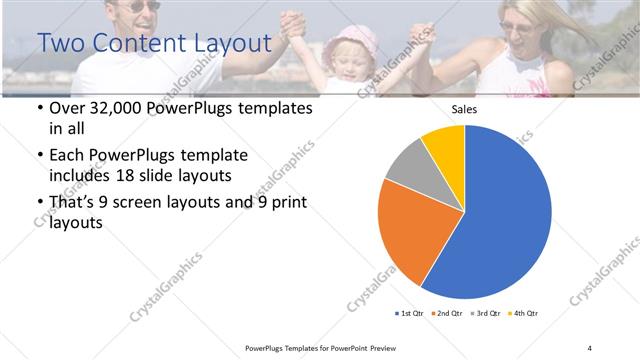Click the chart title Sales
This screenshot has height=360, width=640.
(464, 109)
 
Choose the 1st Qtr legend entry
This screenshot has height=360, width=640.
(411, 314)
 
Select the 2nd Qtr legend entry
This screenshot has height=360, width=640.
(446, 314)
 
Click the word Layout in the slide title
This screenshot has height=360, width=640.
(227, 43)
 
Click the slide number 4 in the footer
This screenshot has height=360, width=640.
(589, 347)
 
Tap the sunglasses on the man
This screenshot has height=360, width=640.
(144, 6)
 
